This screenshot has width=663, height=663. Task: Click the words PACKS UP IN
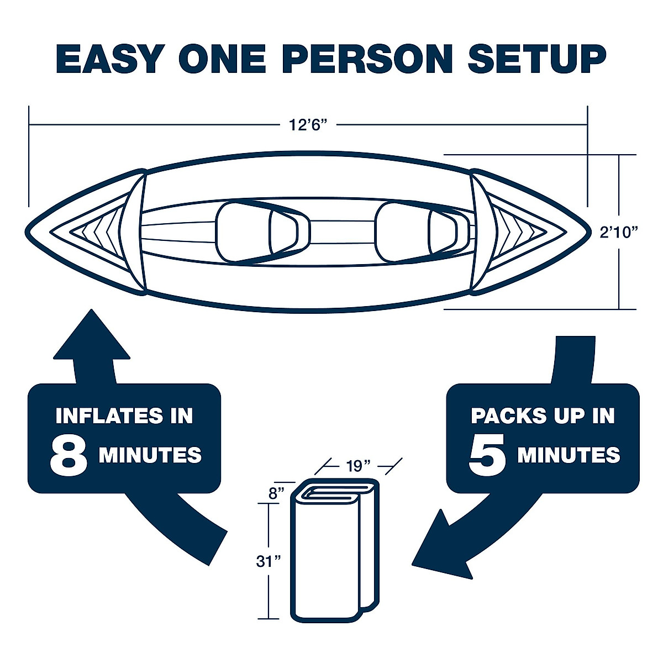pyautogui.click(x=543, y=415)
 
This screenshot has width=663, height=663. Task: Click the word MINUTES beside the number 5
pyautogui.click(x=569, y=456)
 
